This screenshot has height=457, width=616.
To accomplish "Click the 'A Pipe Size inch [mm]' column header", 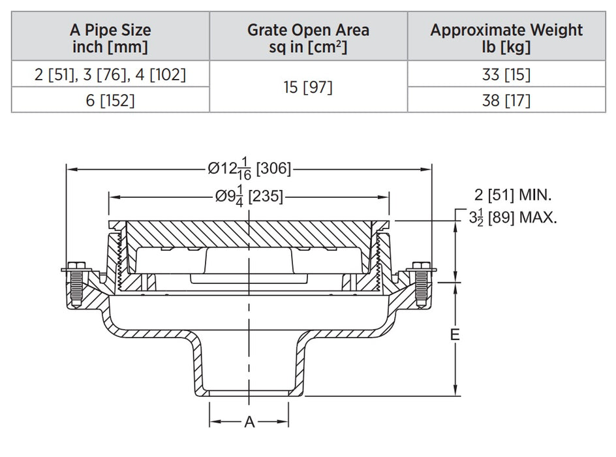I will (110, 38).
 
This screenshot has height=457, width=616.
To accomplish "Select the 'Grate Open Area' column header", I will (308, 38).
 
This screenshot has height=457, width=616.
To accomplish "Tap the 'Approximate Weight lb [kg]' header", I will (506, 38).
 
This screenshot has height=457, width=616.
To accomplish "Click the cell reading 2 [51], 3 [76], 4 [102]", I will (110, 74).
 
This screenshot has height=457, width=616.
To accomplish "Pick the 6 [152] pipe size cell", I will (110, 100).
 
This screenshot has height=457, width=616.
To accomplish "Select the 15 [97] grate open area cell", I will (308, 87).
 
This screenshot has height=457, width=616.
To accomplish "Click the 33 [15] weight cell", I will (506, 74).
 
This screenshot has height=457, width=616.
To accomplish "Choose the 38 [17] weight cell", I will (506, 100).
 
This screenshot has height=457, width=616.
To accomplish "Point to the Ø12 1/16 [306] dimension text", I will (249, 168).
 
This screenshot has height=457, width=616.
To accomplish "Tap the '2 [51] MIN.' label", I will (514, 194).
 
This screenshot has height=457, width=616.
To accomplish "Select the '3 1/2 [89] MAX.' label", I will (514, 217).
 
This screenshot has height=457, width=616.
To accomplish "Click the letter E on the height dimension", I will (455, 335).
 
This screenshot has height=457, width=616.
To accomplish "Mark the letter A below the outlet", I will (249, 422).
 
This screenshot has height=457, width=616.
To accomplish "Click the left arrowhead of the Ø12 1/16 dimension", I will (70, 168).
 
